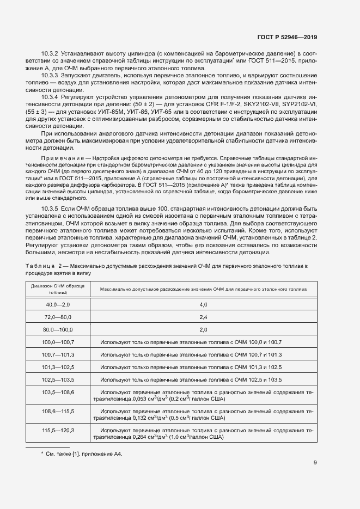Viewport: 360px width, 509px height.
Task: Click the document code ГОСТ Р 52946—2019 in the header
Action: [286, 37]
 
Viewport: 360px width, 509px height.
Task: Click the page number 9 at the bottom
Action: [315, 463]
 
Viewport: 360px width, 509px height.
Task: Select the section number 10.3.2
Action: [51, 53]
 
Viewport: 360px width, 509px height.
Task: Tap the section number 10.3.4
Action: [51, 96]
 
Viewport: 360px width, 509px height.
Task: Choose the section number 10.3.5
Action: [51, 209]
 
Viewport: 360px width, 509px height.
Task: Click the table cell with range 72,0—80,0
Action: [58, 317]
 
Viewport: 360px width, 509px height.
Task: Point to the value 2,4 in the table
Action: [203, 317]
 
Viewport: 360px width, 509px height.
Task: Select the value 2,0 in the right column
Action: [203, 329]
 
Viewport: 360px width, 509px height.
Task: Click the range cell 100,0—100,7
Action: [58, 342]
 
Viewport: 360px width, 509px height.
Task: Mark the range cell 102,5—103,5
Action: [58, 379]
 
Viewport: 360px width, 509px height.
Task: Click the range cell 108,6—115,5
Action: [58, 411]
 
